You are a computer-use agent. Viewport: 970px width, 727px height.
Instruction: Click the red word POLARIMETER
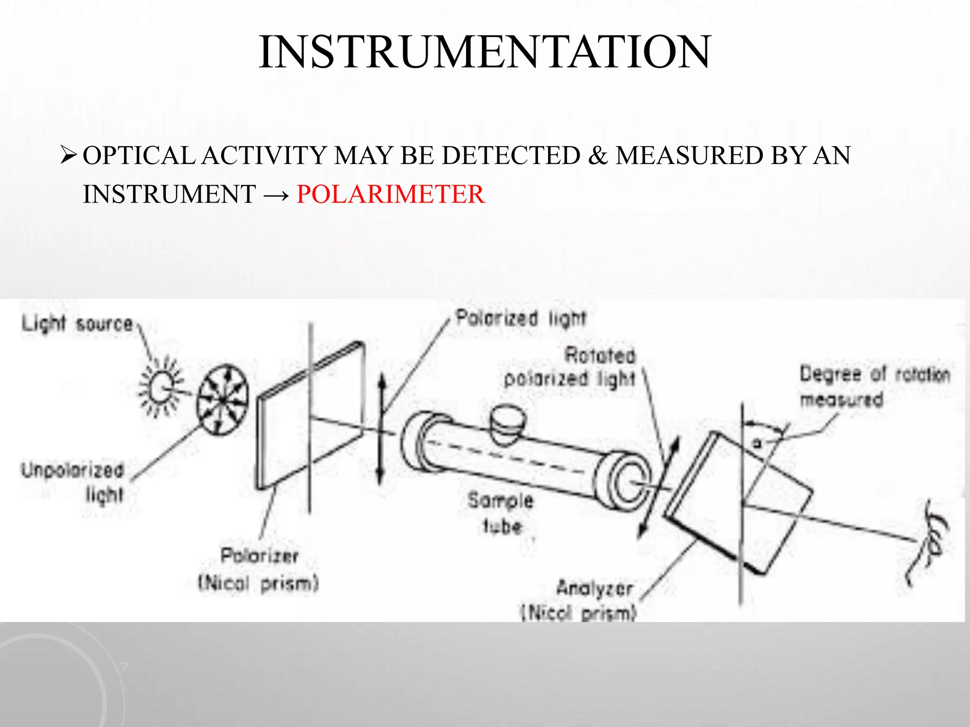click(391, 195)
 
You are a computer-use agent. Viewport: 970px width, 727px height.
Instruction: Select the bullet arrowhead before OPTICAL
click(69, 155)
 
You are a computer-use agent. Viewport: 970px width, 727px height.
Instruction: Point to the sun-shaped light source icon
click(161, 387)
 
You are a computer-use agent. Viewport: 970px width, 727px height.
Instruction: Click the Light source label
click(78, 324)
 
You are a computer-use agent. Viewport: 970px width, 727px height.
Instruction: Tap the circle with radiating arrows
click(223, 399)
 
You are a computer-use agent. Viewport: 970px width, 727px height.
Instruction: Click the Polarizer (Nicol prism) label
click(259, 569)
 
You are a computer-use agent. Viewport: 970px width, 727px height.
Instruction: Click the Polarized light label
click(521, 318)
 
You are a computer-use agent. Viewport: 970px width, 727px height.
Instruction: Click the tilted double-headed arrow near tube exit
click(658, 488)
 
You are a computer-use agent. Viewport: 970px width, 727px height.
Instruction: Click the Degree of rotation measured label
click(874, 386)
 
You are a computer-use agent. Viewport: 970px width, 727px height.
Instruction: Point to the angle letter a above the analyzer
click(758, 443)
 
